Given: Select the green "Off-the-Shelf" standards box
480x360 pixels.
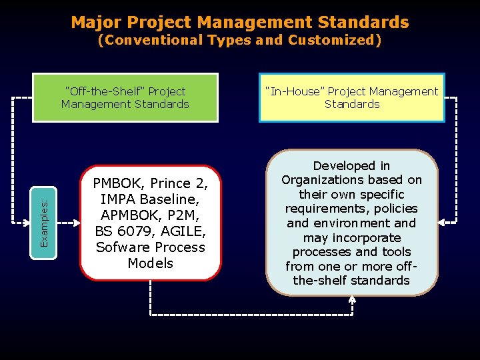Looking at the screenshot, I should (x=125, y=97).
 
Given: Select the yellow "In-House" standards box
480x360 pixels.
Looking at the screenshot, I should (x=352, y=97).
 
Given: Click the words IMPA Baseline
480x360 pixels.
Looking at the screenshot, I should (x=150, y=199).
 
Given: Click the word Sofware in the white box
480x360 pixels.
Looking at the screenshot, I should (x=121, y=247).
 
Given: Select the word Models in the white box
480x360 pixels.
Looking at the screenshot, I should (x=150, y=263).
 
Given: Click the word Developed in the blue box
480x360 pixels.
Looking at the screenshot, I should (x=351, y=165).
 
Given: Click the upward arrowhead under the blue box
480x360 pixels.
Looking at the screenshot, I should (x=352, y=300).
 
